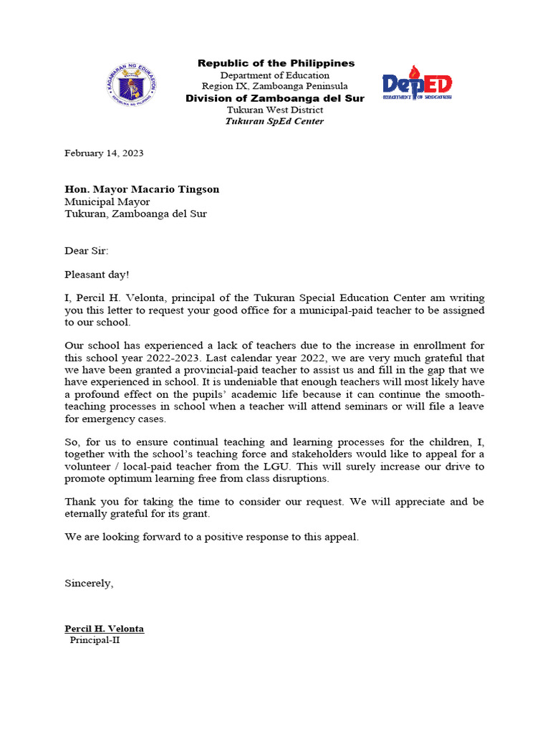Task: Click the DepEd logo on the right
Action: pos(417,83)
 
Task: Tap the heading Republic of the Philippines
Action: pos(276,64)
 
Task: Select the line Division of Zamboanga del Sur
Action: pos(275,98)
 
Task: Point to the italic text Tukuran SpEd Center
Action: pos(274,121)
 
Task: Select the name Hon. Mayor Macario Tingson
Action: pos(142,189)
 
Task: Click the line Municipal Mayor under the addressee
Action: pos(107,201)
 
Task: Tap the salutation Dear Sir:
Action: pos(87,251)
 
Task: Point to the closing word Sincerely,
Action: pos(89,583)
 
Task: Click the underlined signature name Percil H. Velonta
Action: pos(105,629)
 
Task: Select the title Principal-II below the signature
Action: pos(95,640)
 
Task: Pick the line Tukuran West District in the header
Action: pos(275,110)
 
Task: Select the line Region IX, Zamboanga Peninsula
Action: pos(275,87)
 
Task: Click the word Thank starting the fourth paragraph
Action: pos(79,502)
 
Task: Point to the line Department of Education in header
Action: pos(275,75)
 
